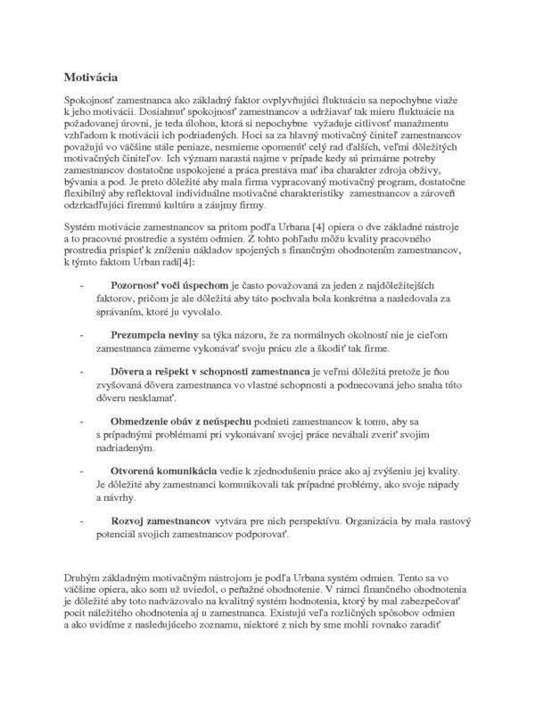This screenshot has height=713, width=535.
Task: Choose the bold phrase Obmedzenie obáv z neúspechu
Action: coord(183,420)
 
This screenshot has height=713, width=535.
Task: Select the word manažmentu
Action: coord(440,118)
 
